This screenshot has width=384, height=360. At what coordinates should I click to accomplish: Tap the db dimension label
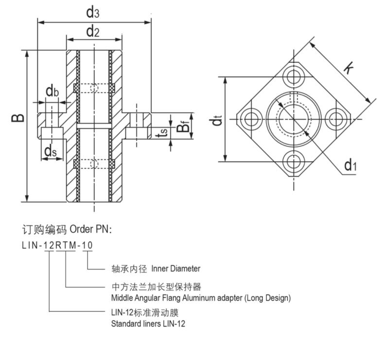[x=52, y=90]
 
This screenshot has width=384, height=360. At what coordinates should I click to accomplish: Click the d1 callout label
[x=350, y=166]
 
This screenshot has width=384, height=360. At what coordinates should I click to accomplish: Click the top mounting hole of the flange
[x=293, y=76]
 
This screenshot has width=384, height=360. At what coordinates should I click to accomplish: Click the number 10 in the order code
[x=87, y=245]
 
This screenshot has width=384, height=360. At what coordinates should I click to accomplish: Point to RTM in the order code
[x=65, y=245]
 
